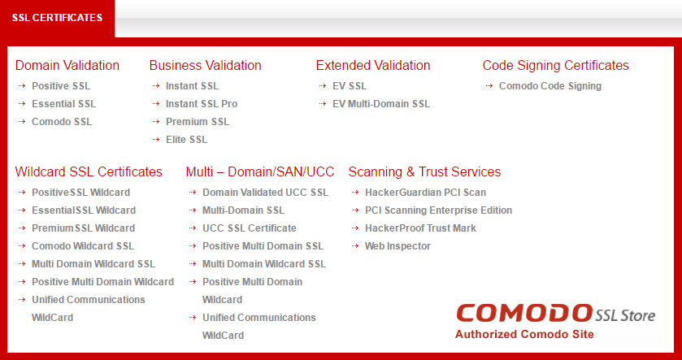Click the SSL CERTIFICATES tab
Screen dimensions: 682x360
(57, 18)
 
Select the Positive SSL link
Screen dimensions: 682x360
(61, 86)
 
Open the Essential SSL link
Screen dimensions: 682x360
(64, 104)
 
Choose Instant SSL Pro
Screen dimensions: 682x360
(202, 104)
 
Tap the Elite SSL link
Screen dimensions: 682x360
(186, 140)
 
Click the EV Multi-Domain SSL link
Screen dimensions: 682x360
(381, 104)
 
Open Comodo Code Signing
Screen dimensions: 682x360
(550, 86)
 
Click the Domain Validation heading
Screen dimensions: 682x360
(67, 65)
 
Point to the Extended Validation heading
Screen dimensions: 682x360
(373, 65)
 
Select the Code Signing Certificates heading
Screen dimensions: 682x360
(556, 65)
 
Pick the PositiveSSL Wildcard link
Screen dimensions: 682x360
(81, 192)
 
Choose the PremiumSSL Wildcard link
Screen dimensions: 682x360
(84, 228)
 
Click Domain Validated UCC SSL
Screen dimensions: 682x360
(265, 192)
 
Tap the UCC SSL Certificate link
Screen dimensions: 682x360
(250, 228)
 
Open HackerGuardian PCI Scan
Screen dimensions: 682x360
(425, 192)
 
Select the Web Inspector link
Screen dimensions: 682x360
(397, 246)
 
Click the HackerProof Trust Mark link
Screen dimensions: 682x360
(420, 228)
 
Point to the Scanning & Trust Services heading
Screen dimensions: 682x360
(424, 171)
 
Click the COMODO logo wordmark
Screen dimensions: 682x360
(524, 314)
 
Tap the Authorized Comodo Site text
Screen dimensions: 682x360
(524, 334)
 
